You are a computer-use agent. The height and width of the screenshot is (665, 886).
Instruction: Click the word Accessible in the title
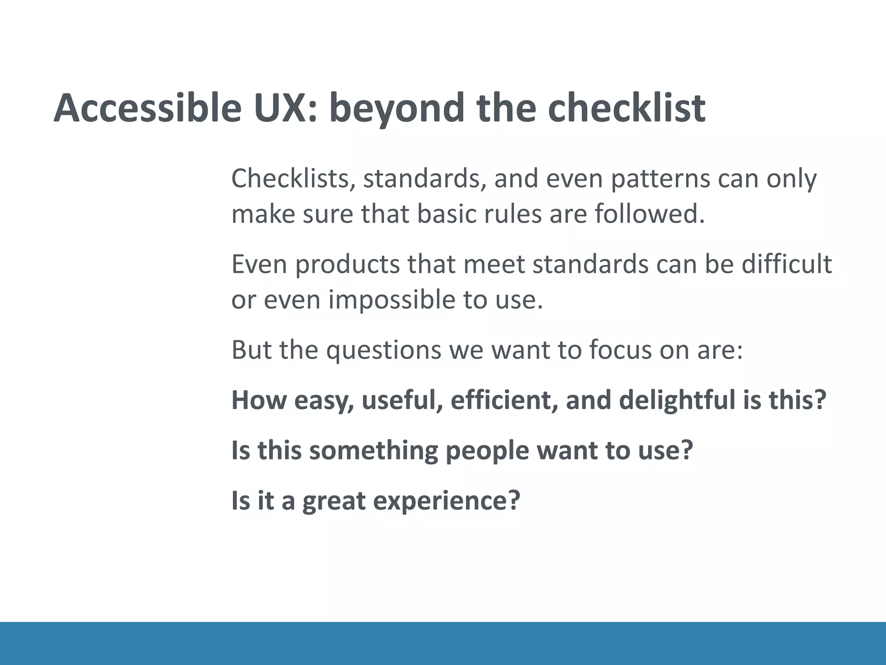[147, 108]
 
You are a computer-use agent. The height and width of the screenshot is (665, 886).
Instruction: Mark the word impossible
[392, 300]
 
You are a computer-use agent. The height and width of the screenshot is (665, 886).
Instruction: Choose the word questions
[383, 350]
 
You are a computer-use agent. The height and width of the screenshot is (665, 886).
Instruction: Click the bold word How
[259, 400]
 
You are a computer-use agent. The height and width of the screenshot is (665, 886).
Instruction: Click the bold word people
[487, 451]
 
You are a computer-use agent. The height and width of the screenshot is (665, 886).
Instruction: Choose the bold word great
[334, 501]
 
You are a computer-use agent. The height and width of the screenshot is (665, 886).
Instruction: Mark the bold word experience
[446, 501]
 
